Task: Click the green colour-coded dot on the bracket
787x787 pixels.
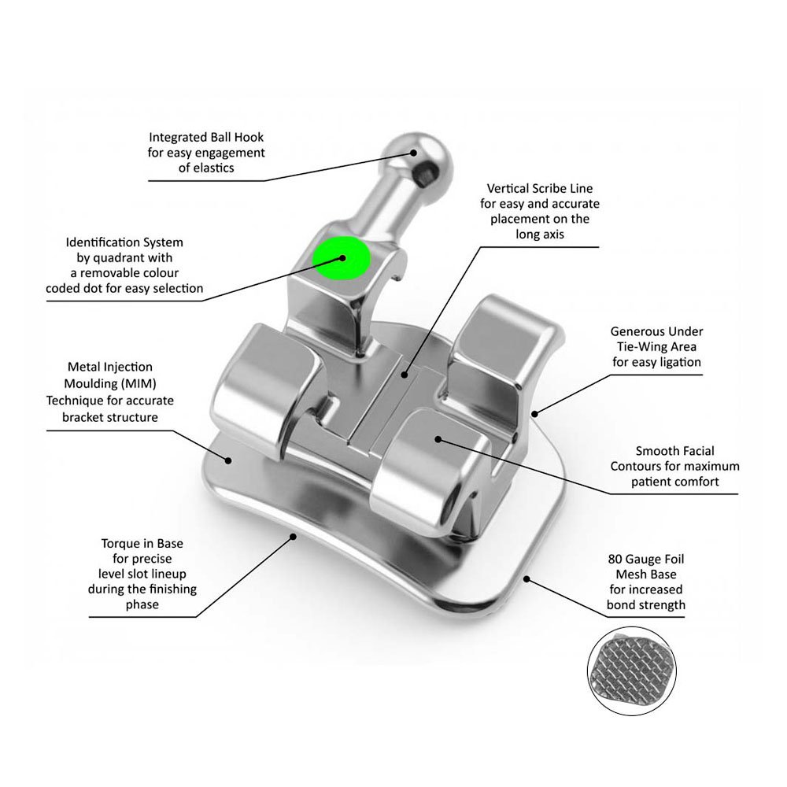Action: pos(342,258)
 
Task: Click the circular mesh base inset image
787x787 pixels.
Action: pos(632,671)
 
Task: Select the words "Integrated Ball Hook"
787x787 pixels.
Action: pos(206,138)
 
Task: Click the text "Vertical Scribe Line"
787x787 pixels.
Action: pos(540,189)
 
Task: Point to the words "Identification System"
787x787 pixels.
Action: pos(124,242)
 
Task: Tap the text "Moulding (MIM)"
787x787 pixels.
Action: pos(110,384)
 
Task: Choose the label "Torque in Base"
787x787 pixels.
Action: pos(142,544)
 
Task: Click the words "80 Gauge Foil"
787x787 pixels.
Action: pos(646,559)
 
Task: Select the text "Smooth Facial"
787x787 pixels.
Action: pos(674,451)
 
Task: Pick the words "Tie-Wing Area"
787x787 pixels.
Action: pos(656,347)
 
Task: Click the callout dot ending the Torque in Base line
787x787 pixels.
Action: pos(294,537)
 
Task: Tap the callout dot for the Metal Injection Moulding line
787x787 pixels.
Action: pos(228,460)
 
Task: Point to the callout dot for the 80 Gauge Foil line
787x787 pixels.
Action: pos(527,578)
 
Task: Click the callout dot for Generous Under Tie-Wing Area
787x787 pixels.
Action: pos(534,414)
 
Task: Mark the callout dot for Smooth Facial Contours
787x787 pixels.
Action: pos(438,439)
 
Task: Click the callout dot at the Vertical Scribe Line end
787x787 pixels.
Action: pos(405,375)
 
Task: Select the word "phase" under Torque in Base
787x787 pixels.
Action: pos(142,605)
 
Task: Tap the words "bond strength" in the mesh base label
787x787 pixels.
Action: pos(646,605)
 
